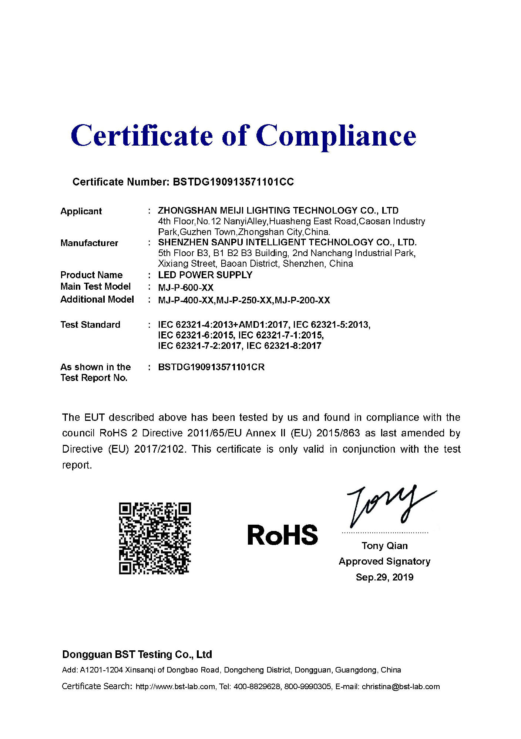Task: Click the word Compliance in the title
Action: pos(336,136)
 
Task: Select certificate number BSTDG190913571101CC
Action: pos(233,182)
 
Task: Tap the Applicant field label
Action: pos(81,211)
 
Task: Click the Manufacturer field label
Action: pos(89,243)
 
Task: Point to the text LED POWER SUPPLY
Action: pos(205,275)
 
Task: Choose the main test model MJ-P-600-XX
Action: pos(186,287)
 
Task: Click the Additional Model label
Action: pos(97,299)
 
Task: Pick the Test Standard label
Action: pos(90,325)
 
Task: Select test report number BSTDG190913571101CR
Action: pos(211,367)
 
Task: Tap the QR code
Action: pos(155,538)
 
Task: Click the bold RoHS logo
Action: pos(282,535)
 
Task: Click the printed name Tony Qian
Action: pos(384,546)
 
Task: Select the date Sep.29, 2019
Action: pos(384,577)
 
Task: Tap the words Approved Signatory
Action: pos(384,561)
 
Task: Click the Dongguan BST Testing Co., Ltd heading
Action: pos(137,655)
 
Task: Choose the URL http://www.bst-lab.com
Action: pos(175,687)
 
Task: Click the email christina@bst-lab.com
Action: pos(401,687)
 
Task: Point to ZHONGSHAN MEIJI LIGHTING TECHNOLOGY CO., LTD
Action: pos(278,211)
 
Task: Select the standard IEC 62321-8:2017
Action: pos(284,346)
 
